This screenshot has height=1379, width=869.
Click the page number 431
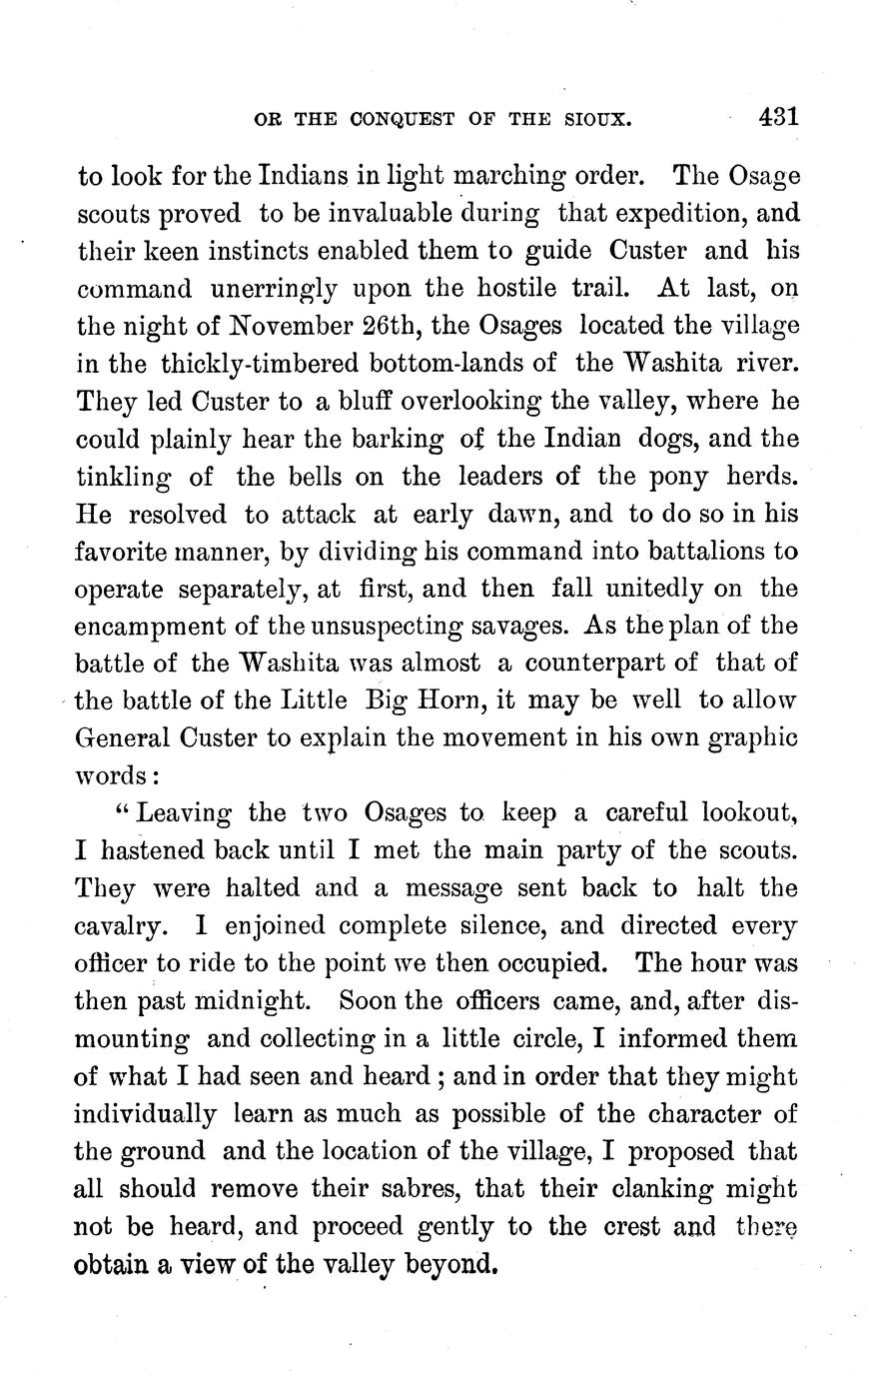pos(777,116)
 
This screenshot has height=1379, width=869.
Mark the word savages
pos(519,627)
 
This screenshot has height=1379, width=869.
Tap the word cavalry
pos(117,925)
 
